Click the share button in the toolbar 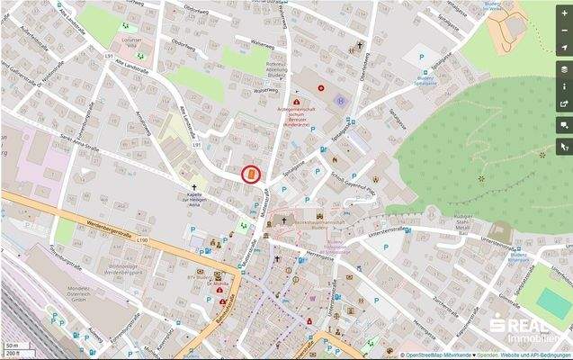[564, 103]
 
